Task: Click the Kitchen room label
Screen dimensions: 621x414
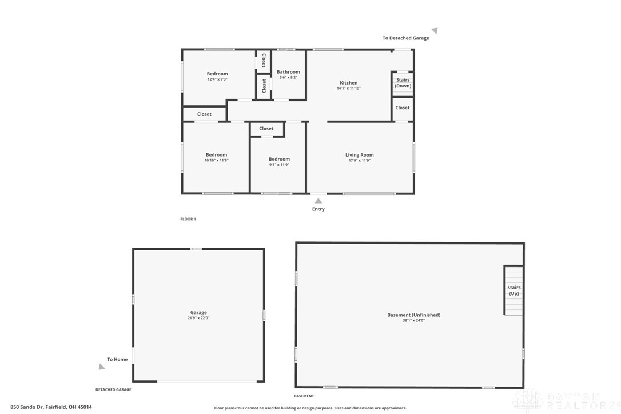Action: [x=348, y=83]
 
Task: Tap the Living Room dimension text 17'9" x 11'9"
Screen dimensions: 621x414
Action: [x=359, y=161]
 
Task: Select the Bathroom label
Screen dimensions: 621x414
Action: [x=288, y=71]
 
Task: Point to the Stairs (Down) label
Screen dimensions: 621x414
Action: [x=403, y=83]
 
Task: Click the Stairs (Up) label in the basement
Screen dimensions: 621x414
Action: [x=513, y=290]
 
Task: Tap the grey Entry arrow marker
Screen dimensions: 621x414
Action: [x=318, y=201]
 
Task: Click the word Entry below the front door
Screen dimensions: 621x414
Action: [x=318, y=209]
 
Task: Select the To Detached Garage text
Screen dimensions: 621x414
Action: [x=405, y=38]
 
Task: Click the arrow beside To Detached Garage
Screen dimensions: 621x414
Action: [x=435, y=30]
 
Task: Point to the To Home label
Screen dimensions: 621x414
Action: [x=117, y=359]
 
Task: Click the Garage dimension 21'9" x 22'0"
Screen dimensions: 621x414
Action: [x=198, y=318]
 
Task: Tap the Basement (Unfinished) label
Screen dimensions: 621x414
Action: [x=413, y=315]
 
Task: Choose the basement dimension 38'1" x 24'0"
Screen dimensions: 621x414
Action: [x=413, y=320]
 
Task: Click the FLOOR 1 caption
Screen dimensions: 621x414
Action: [x=188, y=218]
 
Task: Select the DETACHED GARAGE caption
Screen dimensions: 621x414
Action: [x=113, y=389]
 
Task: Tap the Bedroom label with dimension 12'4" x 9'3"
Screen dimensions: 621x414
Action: [x=217, y=74]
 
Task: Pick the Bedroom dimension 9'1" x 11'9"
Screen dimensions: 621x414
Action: [x=279, y=165]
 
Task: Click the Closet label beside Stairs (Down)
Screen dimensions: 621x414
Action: [x=403, y=108]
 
